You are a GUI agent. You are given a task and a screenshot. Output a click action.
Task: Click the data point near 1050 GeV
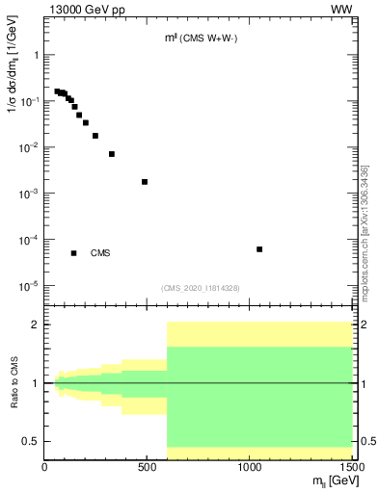[x=259, y=249]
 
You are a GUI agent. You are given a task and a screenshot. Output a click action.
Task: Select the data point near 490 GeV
[x=145, y=181]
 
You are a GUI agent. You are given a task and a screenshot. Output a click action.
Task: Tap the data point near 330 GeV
[x=112, y=154]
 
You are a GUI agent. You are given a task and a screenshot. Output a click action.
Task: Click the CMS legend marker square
[x=73, y=253]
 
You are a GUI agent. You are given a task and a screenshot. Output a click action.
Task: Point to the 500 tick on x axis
[x=148, y=467]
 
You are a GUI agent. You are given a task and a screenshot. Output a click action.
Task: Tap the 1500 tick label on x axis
[x=352, y=467]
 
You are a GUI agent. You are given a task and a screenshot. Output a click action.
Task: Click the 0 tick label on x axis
[x=45, y=467]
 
